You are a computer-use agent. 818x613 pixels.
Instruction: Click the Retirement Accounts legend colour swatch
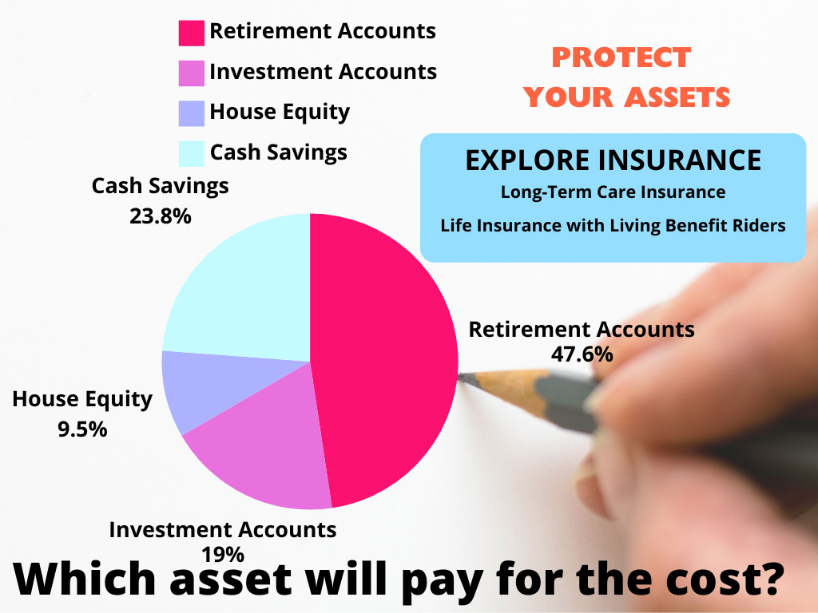[192, 34]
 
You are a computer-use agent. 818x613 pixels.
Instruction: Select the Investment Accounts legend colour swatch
[192, 73]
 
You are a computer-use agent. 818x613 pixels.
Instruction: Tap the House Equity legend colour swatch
[192, 113]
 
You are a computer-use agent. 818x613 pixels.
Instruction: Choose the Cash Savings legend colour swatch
[192, 154]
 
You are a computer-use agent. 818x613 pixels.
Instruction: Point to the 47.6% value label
[582, 354]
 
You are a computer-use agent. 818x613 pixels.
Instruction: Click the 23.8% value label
[161, 216]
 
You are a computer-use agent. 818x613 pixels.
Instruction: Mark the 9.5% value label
[82, 429]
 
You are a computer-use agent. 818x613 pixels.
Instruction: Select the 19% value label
[224, 555]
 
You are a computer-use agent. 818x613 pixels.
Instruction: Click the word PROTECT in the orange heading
[621, 57]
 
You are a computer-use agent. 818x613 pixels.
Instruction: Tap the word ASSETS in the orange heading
[677, 97]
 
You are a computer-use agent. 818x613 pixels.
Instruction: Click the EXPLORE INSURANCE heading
[613, 160]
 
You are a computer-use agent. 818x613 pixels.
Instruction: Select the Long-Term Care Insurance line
[613, 192]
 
